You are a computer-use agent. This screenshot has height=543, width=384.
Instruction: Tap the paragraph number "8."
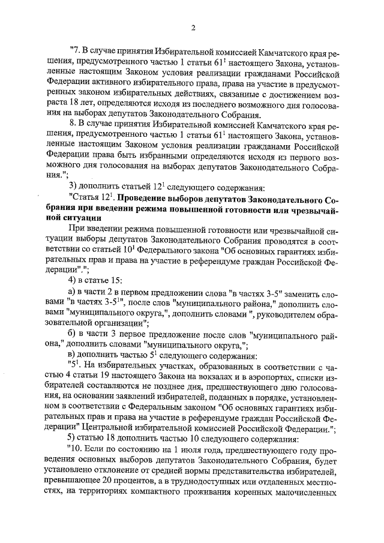(73, 127)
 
